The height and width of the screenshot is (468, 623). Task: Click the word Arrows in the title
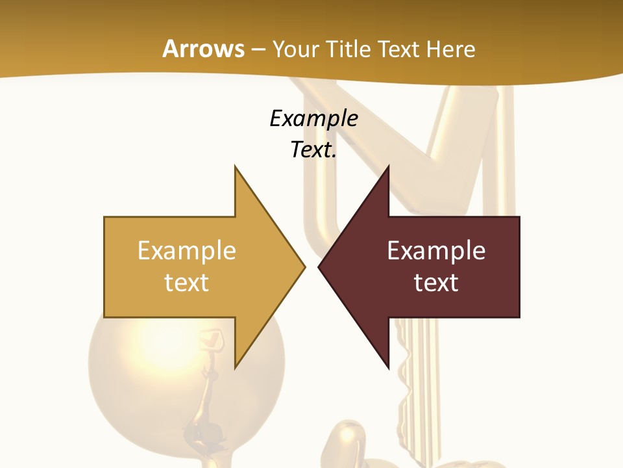[x=203, y=49]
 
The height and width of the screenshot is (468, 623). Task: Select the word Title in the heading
[x=352, y=49]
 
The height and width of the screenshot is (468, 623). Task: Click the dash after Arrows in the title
[x=258, y=50]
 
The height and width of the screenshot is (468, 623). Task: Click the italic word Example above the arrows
[x=313, y=118]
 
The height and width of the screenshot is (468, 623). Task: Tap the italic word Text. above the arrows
[x=313, y=150]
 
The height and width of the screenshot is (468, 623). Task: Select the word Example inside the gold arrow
[x=187, y=251]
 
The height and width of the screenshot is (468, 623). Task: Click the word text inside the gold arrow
[x=187, y=283]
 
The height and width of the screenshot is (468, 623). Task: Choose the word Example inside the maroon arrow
[x=436, y=251]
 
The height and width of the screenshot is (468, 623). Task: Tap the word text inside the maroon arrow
[x=436, y=283]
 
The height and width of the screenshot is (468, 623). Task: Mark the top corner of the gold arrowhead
[x=235, y=167]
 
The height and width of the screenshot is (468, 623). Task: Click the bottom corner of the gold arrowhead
[x=235, y=367]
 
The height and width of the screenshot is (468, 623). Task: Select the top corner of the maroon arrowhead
[x=388, y=167]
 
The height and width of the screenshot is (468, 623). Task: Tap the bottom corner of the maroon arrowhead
[x=388, y=367]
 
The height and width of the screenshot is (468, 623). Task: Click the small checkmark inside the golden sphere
[x=212, y=338]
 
